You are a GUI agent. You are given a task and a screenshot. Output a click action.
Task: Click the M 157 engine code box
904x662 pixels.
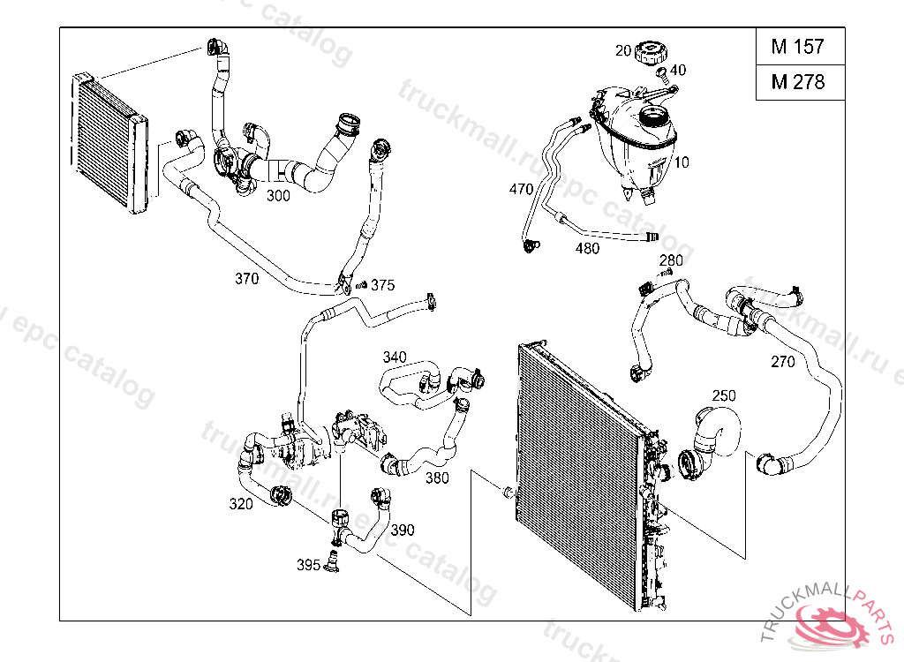[x=797, y=47]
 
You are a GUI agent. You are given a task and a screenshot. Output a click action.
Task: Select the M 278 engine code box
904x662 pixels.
[x=797, y=82]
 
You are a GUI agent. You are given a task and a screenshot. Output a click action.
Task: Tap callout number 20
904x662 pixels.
[x=623, y=51]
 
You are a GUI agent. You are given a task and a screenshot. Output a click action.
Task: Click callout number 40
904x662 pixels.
[x=678, y=70]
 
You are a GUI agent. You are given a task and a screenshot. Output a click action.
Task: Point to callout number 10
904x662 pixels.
[x=682, y=162]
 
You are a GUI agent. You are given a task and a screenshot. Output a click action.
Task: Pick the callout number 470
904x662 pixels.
[x=522, y=189]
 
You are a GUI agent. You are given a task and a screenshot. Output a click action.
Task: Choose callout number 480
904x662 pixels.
[x=587, y=248]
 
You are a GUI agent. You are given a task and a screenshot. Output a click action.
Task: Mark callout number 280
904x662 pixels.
[x=671, y=260]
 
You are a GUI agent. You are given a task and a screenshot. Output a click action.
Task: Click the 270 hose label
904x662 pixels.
[x=782, y=361]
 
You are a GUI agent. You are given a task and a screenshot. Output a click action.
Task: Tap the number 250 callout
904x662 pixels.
[x=724, y=396]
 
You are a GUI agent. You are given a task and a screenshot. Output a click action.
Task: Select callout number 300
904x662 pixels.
[x=278, y=196]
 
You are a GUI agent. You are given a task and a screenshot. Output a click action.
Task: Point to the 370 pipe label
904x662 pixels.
[x=246, y=279]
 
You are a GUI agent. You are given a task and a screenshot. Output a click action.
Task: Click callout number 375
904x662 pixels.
[x=382, y=285]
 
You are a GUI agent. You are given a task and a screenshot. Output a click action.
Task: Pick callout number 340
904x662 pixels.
[x=395, y=357]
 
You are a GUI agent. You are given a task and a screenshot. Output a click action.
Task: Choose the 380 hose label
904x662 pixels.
[x=437, y=478]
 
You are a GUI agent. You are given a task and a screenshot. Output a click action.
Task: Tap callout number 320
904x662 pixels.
[x=241, y=504]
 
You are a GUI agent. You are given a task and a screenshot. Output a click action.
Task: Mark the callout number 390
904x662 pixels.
[x=403, y=530]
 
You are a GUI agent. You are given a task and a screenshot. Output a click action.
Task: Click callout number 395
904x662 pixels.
[x=308, y=564]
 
